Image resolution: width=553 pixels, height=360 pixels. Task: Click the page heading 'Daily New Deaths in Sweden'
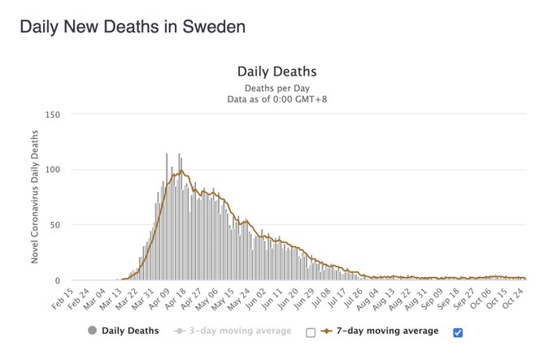tap(132, 26)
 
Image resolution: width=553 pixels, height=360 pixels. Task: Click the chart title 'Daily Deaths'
tap(276, 72)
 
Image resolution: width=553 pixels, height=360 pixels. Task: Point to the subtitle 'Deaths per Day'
tap(276, 88)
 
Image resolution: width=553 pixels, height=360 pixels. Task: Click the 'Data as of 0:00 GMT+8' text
tap(276, 99)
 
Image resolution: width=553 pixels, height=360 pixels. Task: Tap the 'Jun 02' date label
tap(266, 297)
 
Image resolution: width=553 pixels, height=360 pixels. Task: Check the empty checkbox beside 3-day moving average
tap(310, 332)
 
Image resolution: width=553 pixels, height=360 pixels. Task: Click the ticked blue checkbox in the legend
tap(457, 332)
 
